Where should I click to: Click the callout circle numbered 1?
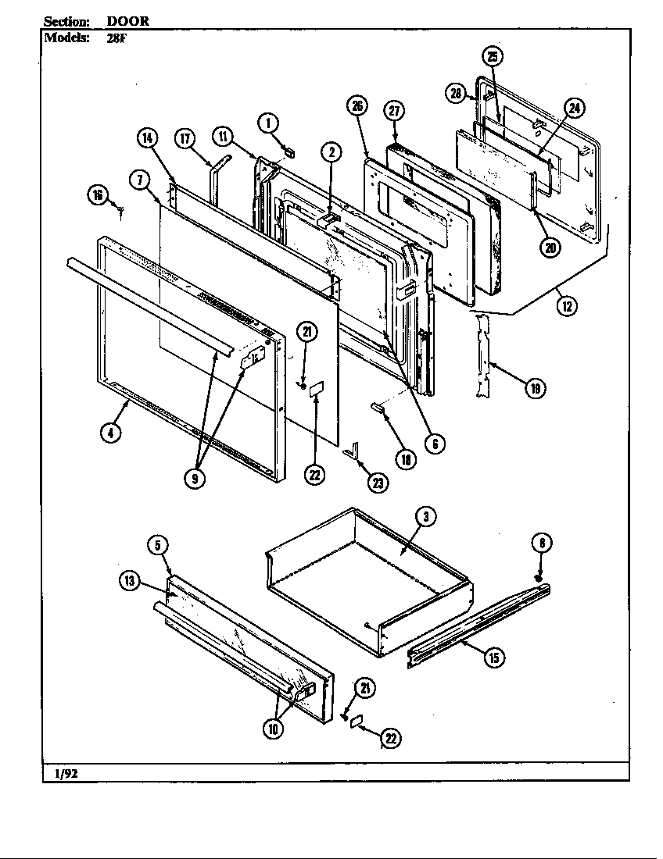coord(267,123)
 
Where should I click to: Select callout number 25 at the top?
coord(493,55)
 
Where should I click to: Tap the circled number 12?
coord(567,305)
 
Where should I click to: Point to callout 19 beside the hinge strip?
coord(535,387)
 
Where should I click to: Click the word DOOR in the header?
coord(127,21)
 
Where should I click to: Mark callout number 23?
coord(378,483)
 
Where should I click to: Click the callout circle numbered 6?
coord(435,443)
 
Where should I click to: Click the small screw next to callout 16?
coord(120,209)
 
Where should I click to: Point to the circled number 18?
coord(405,460)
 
